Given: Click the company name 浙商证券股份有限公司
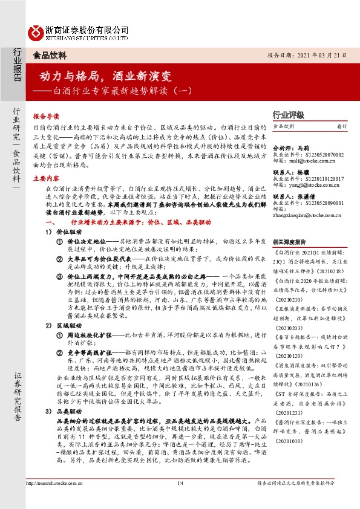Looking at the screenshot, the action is pos(87,28).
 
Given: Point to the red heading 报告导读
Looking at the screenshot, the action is pos(46,115).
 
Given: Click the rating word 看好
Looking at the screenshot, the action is pos(342,126).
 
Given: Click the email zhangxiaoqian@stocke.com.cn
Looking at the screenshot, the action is pos(310,217).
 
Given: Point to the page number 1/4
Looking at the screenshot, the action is pos(180,500).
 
